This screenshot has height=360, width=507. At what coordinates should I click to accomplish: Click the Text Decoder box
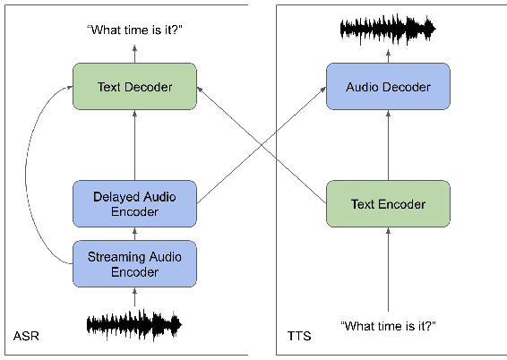(x=134, y=87)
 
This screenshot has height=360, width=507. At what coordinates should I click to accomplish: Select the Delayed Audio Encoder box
(x=134, y=203)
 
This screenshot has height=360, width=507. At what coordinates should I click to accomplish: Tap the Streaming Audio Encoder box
(x=134, y=263)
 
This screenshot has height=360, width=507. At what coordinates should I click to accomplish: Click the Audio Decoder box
(x=388, y=87)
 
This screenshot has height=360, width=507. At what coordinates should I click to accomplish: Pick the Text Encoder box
(x=388, y=203)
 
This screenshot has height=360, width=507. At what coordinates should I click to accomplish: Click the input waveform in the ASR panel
(x=134, y=323)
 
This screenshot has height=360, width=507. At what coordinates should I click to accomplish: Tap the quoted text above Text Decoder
(x=134, y=30)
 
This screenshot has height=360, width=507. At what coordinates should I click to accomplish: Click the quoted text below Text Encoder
(x=388, y=326)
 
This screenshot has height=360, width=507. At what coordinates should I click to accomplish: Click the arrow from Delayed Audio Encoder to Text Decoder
(x=134, y=145)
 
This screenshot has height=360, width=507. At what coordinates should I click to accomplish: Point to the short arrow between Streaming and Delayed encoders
(x=134, y=234)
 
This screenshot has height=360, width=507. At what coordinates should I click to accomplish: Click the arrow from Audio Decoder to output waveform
(x=388, y=54)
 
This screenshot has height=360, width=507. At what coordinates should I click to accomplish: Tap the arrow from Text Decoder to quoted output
(x=134, y=54)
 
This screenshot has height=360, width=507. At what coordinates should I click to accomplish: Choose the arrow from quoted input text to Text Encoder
(x=388, y=269)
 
